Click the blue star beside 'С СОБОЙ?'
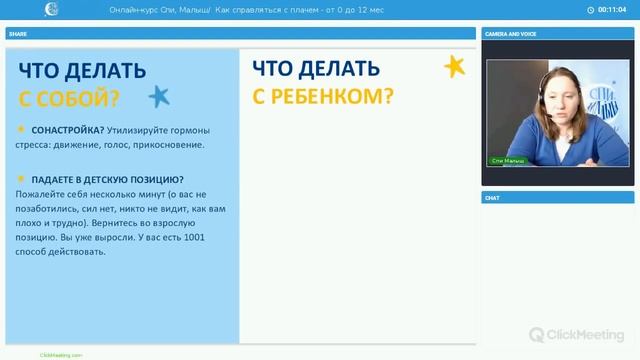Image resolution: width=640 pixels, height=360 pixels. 158,96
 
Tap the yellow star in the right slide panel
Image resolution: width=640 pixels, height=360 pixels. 454,67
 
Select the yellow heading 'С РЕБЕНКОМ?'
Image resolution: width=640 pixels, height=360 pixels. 322,96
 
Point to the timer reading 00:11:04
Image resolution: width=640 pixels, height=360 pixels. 612,10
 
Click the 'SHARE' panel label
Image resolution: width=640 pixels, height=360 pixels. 18,33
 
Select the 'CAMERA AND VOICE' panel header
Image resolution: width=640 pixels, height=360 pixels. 510,33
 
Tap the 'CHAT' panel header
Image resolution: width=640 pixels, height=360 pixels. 492,197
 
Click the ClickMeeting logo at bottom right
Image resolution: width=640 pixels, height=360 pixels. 578,335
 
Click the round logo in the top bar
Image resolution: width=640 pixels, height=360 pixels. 51,10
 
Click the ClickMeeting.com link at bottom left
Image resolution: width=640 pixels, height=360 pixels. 61,354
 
